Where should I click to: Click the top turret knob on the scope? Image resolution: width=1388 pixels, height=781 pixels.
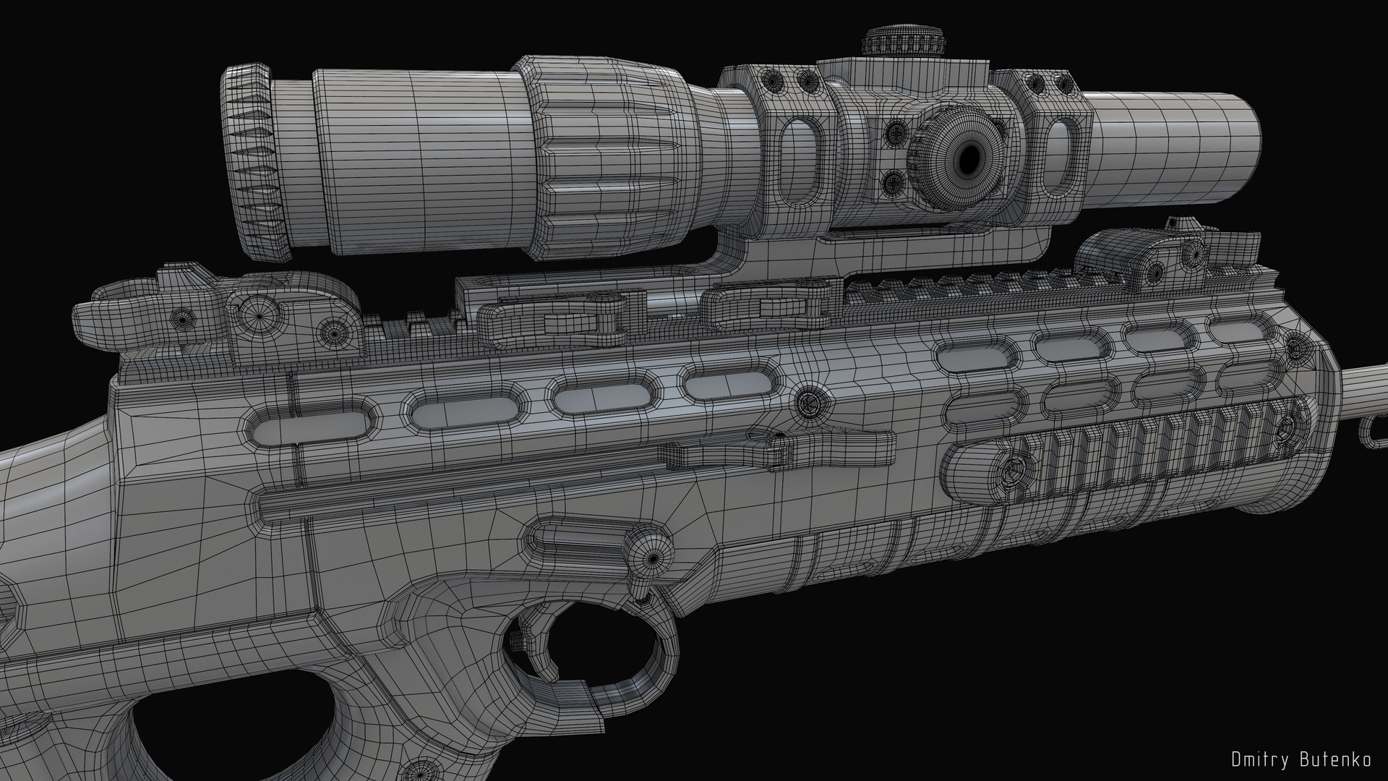pos(906,42)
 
